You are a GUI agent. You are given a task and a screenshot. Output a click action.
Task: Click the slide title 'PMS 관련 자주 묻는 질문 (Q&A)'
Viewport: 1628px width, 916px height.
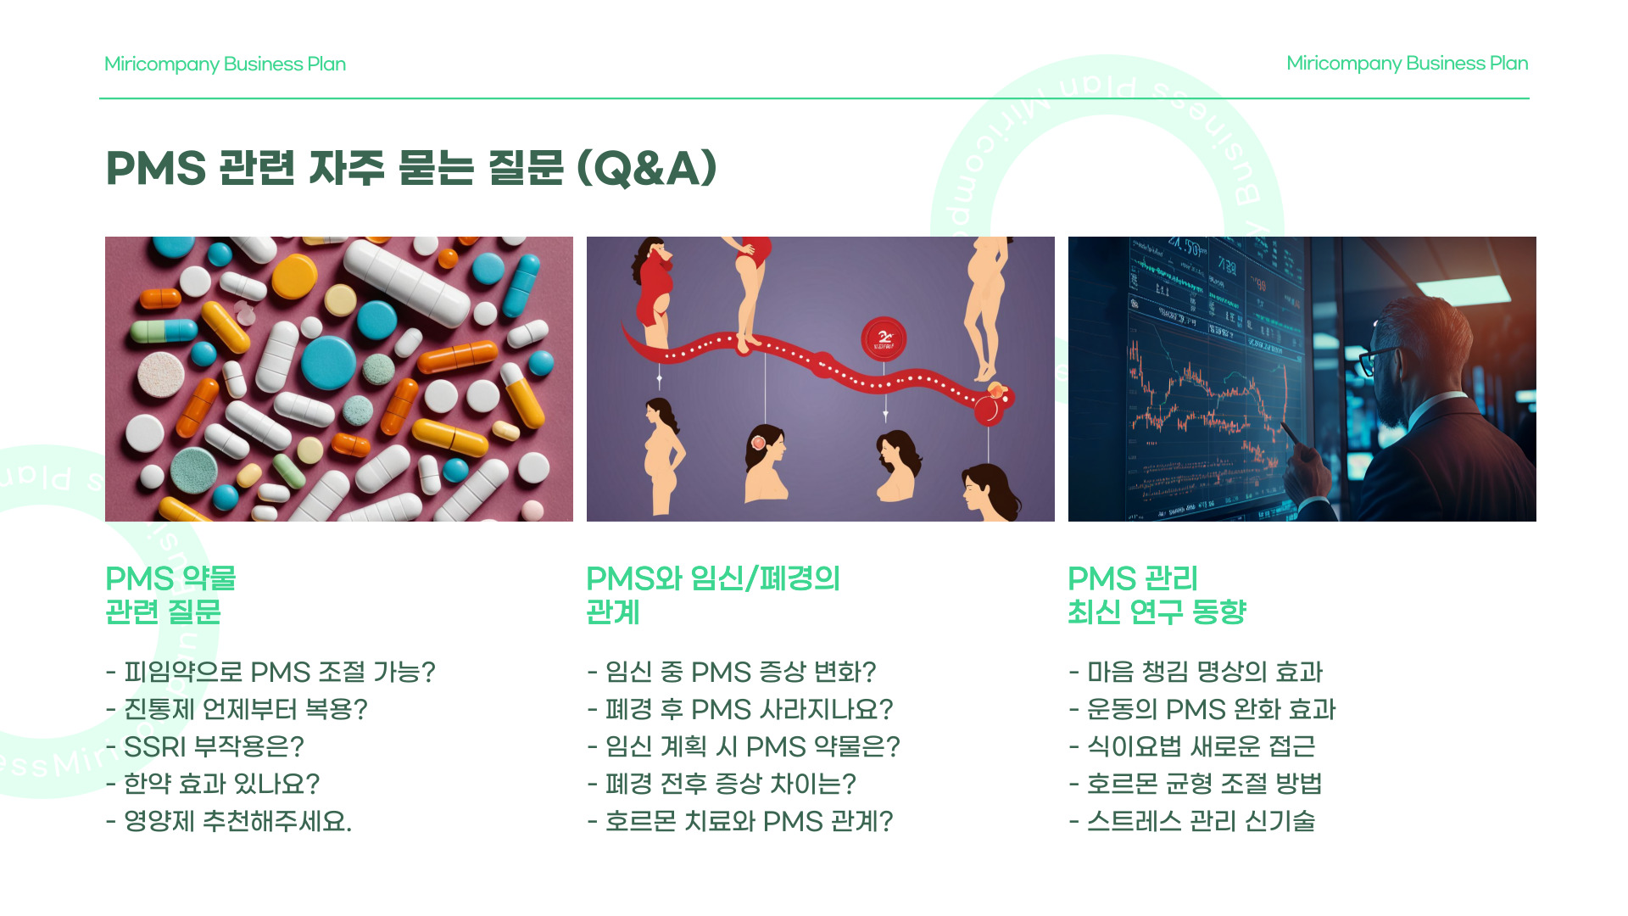[x=411, y=167]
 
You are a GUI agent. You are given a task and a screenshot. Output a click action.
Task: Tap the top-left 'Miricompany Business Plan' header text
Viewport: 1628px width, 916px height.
[x=225, y=64]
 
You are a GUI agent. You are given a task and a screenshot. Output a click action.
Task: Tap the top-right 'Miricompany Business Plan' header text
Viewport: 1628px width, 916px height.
[x=1407, y=64]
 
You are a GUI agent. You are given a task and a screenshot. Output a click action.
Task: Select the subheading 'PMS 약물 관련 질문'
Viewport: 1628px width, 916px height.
[x=170, y=595]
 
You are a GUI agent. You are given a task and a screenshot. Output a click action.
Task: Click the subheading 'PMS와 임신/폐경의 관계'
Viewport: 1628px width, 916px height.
[x=712, y=595]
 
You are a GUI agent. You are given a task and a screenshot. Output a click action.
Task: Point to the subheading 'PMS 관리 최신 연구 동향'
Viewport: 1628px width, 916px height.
[x=1157, y=595]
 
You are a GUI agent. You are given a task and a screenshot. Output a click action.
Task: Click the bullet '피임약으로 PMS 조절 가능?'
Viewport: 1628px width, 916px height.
[x=270, y=672]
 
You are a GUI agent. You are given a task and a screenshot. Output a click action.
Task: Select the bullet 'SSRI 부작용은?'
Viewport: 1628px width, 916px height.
[x=204, y=746]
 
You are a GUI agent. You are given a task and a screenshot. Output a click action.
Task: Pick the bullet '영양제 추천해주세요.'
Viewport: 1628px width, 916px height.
[x=229, y=821]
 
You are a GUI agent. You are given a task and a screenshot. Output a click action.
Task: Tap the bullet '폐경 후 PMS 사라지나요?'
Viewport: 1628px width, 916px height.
[x=740, y=709]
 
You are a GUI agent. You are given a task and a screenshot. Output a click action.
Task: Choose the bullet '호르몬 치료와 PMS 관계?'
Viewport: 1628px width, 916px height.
[x=740, y=821]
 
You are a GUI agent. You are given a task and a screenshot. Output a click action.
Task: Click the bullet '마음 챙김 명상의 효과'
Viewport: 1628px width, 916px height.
[x=1196, y=672]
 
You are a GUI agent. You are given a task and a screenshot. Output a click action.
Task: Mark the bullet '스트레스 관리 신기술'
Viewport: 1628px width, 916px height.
[x=1192, y=821]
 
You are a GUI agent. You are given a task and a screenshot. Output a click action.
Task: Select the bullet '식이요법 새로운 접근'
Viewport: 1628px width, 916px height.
[x=1192, y=746]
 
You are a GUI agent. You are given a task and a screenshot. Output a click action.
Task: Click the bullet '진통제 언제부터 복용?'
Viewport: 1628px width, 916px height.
[x=237, y=709]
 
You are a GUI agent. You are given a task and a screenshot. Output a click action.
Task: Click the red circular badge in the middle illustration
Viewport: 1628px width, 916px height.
[x=884, y=338]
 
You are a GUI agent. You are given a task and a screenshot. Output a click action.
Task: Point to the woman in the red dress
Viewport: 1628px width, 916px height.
[x=654, y=284]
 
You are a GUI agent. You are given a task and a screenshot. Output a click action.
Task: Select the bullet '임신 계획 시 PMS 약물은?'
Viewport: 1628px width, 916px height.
[x=744, y=746]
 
